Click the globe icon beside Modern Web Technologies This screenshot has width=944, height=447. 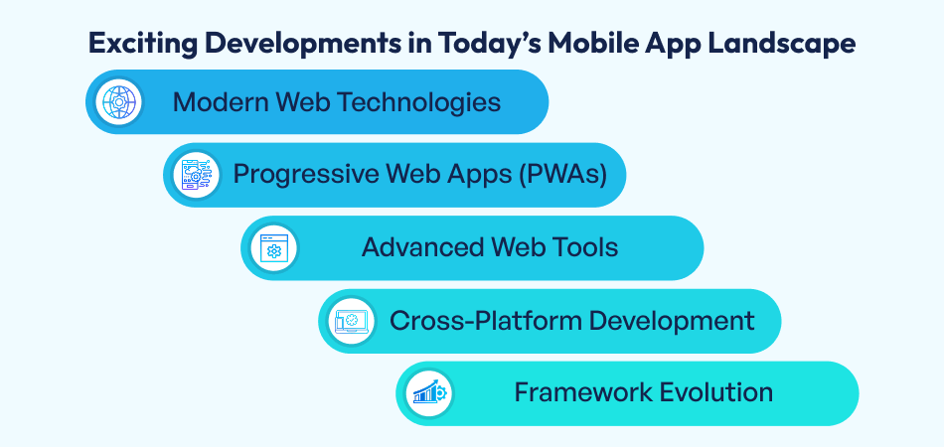point(119,101)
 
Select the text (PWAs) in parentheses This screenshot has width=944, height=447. point(567,175)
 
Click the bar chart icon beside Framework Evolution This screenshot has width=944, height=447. point(429,393)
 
